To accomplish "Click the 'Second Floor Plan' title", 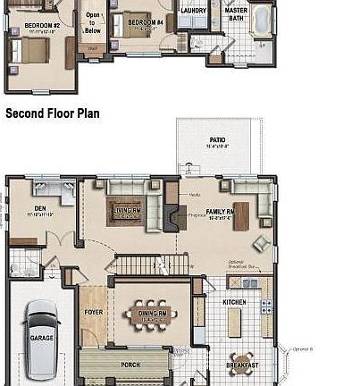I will click(x=52, y=114).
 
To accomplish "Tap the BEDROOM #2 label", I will click(x=41, y=24).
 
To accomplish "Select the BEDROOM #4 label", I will click(x=143, y=21).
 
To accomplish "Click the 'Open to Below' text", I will click(x=93, y=21).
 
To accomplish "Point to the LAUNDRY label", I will click(x=194, y=12).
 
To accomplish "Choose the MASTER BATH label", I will click(x=237, y=14).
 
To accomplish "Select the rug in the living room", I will click(x=125, y=213).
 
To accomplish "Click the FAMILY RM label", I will click(x=220, y=212).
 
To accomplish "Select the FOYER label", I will click(x=94, y=313).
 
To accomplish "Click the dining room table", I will click(x=150, y=315).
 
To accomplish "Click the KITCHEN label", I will click(x=233, y=302).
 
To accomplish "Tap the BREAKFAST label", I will click(x=242, y=365).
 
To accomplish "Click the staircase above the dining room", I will click(x=152, y=265).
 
